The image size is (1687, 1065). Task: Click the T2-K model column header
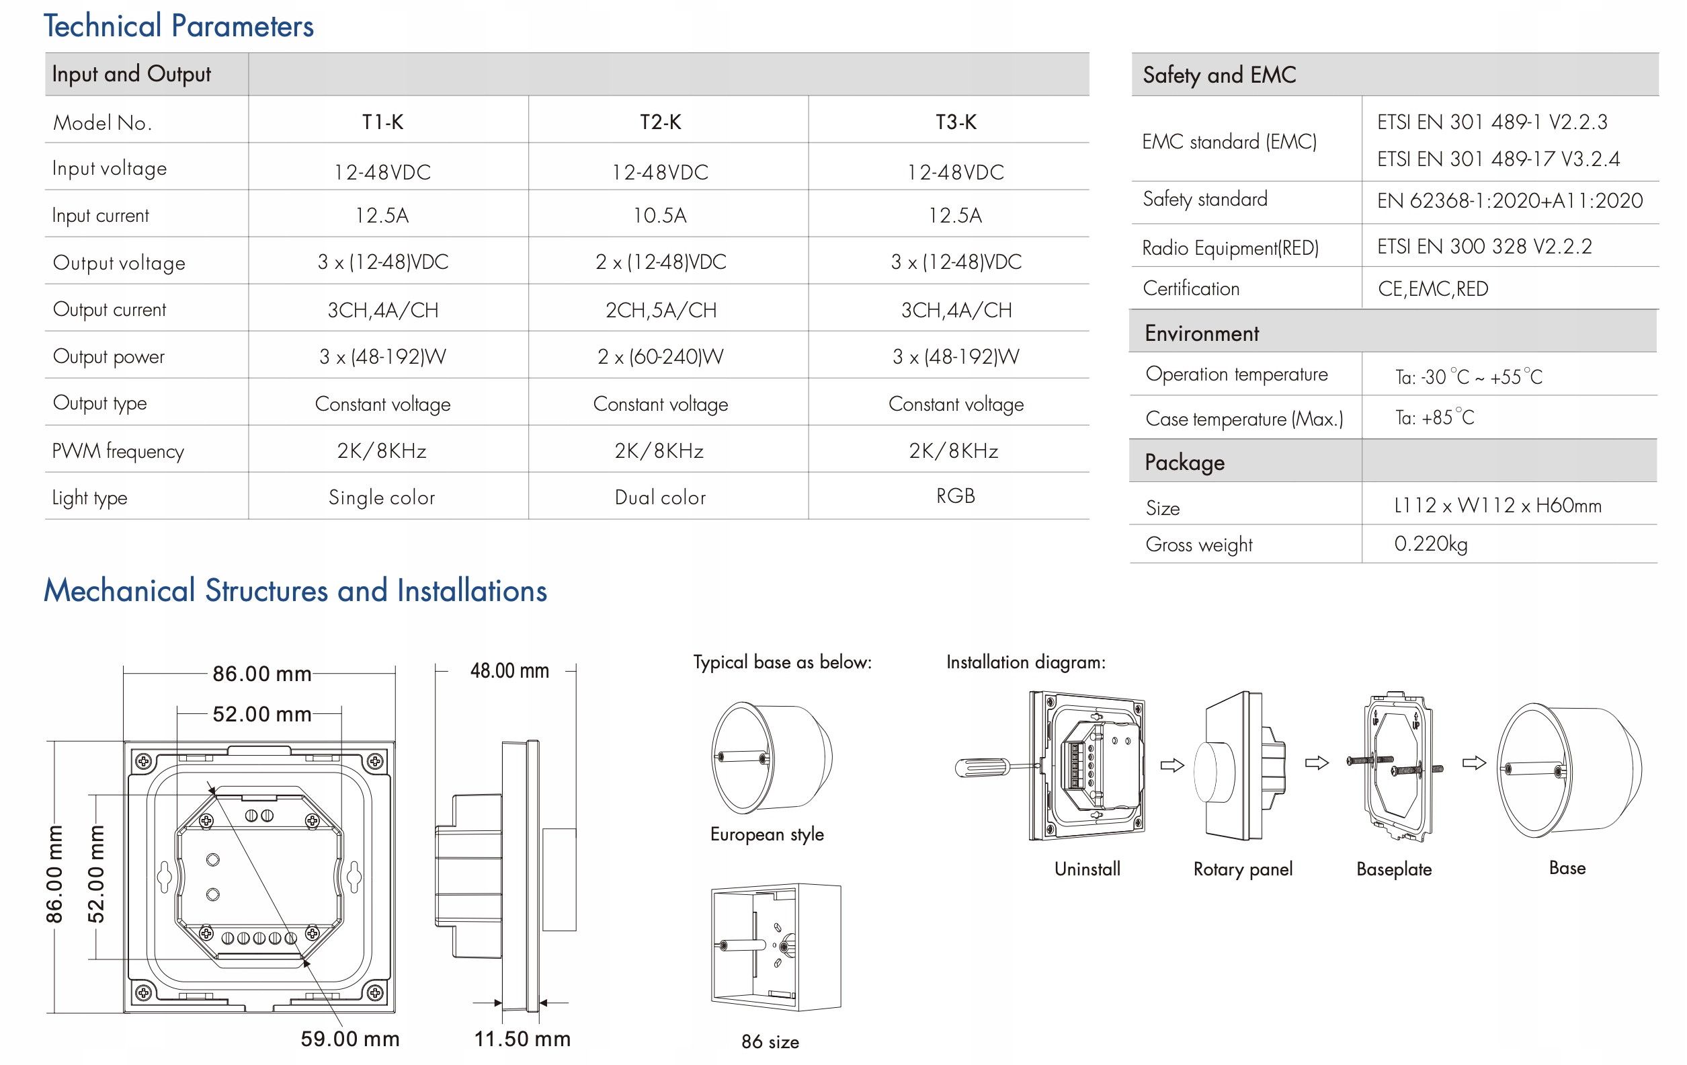660,122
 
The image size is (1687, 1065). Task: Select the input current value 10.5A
660,215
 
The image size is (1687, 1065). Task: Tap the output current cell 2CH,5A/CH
661,310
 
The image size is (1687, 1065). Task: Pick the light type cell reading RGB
955,496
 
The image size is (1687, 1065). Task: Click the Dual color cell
660,498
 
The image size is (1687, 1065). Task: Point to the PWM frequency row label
118,450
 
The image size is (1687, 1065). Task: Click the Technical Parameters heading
179,26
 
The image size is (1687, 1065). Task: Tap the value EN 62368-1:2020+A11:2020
1509,201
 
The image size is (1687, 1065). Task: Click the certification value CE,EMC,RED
1433,288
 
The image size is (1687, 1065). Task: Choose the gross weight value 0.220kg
1430,544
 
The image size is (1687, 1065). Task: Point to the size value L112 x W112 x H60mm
1497,505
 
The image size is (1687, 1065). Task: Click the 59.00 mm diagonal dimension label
349,1038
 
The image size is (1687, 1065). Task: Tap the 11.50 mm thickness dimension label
522,1038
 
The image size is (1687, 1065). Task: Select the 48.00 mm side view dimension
509,670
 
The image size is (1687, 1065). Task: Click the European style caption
766,834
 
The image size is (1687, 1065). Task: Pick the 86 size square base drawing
775,947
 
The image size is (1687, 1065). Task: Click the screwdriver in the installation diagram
985,768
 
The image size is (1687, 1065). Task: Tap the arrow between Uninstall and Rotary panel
1171,765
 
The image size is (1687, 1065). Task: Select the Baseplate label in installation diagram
1393,869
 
